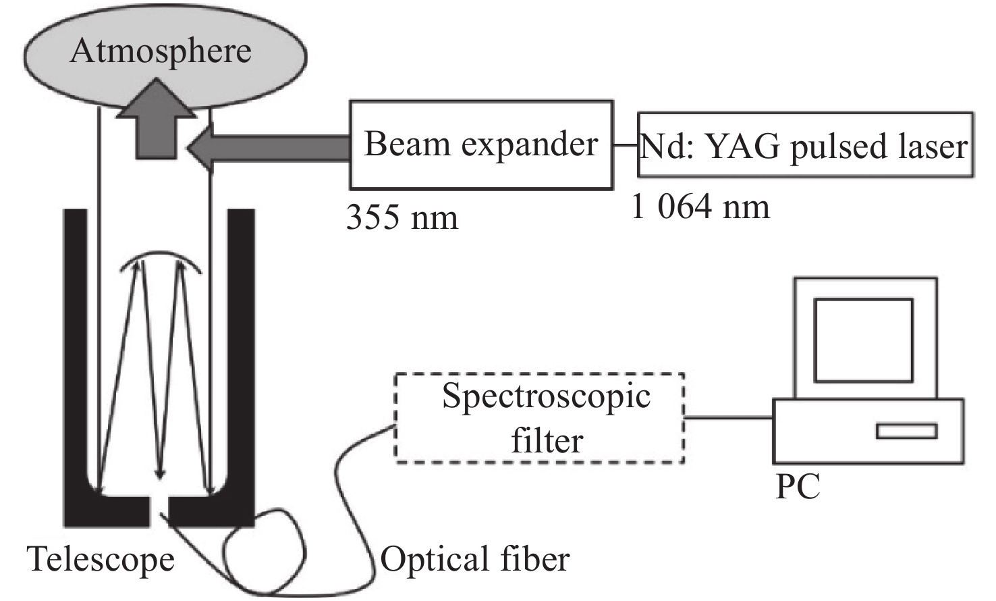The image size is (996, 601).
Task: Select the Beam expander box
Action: click(x=481, y=145)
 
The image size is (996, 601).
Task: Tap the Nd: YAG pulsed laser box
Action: click(x=805, y=145)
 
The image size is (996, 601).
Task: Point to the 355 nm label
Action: click(x=402, y=217)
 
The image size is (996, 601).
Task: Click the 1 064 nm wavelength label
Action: click(x=700, y=207)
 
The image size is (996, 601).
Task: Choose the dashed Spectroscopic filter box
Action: click(x=540, y=418)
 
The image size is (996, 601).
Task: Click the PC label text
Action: click(x=798, y=486)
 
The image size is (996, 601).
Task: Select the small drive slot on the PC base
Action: click(x=906, y=431)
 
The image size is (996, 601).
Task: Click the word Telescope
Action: click(x=101, y=560)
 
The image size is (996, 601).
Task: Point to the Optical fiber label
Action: click(x=475, y=560)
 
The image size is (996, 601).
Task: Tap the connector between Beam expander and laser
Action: click(x=626, y=145)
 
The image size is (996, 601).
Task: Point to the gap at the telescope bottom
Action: click(x=159, y=511)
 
